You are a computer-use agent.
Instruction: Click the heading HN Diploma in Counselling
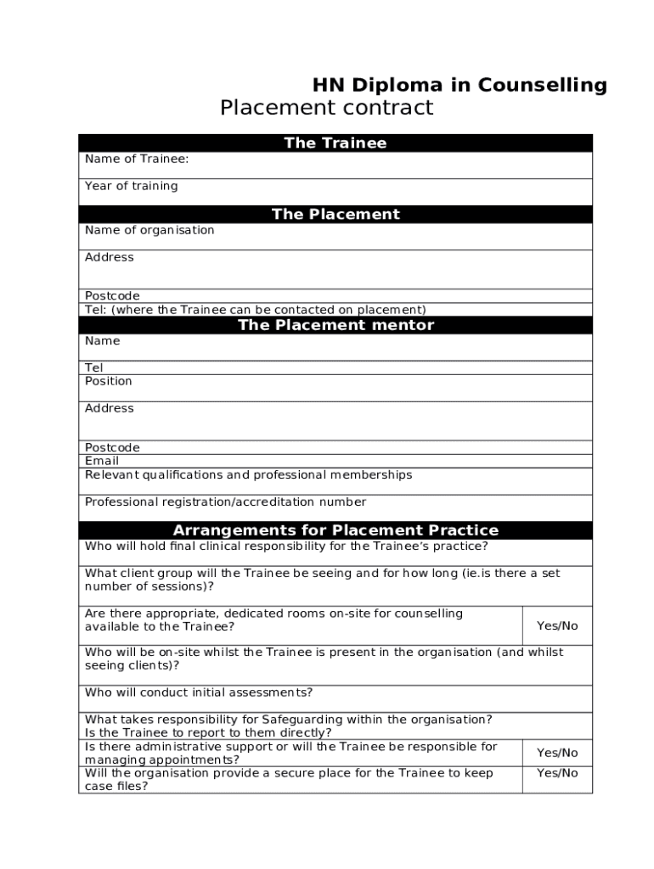459,85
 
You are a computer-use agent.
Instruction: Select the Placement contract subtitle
326,109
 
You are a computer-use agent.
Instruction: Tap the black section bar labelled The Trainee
335,143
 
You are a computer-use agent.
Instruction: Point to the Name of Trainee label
137,159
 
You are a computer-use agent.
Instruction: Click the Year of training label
132,186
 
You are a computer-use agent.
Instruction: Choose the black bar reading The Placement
335,214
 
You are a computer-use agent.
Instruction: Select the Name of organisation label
149,230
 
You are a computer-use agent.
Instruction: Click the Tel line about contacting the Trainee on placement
255,310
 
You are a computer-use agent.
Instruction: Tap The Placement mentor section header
335,325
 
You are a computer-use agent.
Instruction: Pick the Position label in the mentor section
109,381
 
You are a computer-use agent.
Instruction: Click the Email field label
102,461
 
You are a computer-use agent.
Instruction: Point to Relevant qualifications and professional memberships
248,474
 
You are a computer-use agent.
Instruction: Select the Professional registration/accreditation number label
225,502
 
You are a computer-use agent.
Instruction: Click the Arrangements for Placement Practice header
335,530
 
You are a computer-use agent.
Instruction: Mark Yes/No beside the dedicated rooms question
557,625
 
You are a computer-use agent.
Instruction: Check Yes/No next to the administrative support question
557,753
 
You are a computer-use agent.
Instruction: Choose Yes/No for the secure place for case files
557,773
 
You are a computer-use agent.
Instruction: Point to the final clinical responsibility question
286,547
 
